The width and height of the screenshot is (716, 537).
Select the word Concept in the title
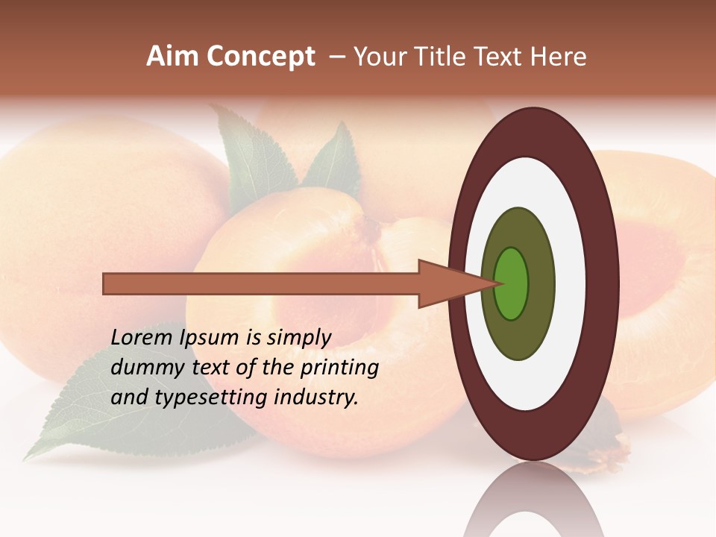261,57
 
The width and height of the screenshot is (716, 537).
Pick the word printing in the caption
339,368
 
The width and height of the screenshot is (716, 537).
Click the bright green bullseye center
512,283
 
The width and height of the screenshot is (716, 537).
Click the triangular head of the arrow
447,284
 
